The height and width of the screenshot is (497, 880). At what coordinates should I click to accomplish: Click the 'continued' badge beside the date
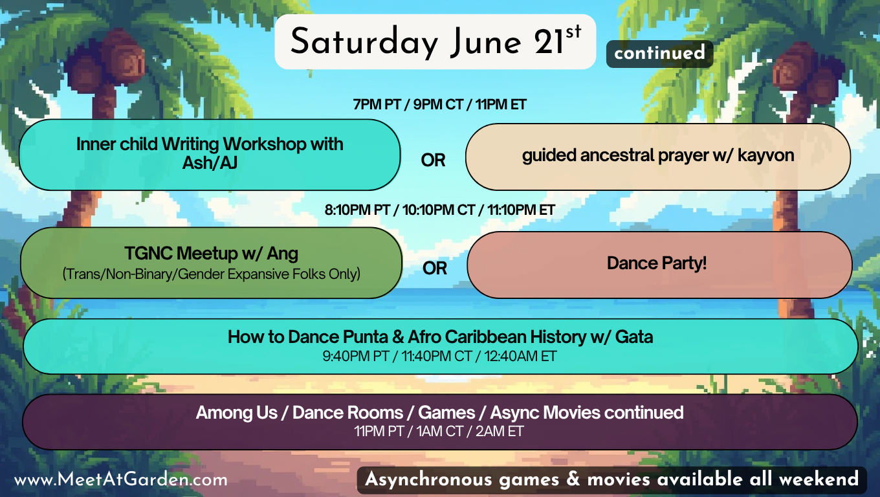click(659, 54)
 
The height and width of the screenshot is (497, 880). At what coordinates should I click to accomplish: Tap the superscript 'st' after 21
click(573, 32)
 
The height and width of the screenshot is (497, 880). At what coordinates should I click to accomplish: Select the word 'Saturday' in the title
click(364, 42)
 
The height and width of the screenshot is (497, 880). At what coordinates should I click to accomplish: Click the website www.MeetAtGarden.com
click(120, 480)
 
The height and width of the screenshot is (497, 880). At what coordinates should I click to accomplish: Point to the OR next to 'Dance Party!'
click(435, 269)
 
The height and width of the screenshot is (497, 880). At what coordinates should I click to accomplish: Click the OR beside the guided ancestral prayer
click(433, 160)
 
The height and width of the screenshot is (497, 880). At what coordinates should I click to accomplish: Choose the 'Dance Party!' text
click(657, 263)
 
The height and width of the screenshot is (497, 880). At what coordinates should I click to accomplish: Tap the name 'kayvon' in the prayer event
click(765, 155)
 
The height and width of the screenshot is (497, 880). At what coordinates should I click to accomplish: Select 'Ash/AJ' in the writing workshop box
click(210, 162)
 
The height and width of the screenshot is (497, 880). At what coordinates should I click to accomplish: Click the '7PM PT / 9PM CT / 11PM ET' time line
click(439, 104)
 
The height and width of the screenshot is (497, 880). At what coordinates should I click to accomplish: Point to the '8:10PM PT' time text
click(357, 210)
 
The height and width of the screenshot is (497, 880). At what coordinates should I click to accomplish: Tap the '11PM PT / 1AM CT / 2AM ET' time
click(439, 432)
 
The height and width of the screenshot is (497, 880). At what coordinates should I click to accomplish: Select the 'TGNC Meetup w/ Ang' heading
click(212, 254)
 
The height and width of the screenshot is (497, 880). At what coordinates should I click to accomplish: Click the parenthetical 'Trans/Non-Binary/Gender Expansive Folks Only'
click(212, 274)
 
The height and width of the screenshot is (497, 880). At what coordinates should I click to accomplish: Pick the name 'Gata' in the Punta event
click(634, 337)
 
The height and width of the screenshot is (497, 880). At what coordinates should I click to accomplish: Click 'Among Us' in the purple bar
click(237, 412)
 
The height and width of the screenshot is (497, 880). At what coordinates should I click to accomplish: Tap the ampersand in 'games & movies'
click(573, 480)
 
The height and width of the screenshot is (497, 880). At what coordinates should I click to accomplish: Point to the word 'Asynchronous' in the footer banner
click(428, 480)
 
